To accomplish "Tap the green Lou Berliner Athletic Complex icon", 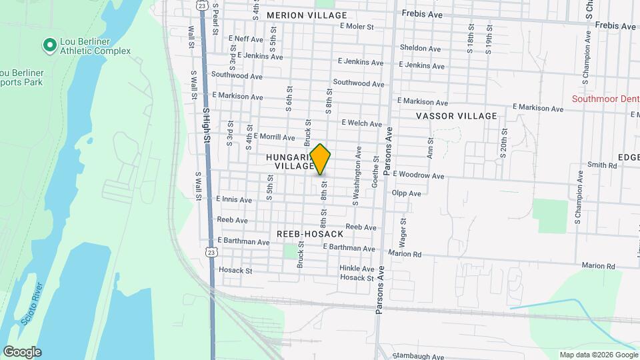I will pyautogui.click(x=49, y=45).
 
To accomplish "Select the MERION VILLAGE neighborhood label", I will pyautogui.click(x=307, y=15).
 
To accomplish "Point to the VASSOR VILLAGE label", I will pyautogui.click(x=457, y=116).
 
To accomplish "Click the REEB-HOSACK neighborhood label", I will pyautogui.click(x=311, y=234).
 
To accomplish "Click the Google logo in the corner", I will pyautogui.click(x=22, y=352).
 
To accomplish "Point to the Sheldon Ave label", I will pyautogui.click(x=420, y=48).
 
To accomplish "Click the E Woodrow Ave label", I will pyautogui.click(x=418, y=175).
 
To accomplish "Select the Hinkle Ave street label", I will pyautogui.click(x=357, y=268).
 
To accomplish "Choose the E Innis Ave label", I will pyautogui.click(x=233, y=199).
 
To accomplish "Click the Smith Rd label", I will pyautogui.click(x=602, y=165).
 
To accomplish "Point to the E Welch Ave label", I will pyautogui.click(x=361, y=123).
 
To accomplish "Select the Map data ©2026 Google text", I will pyautogui.click(x=598, y=355).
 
